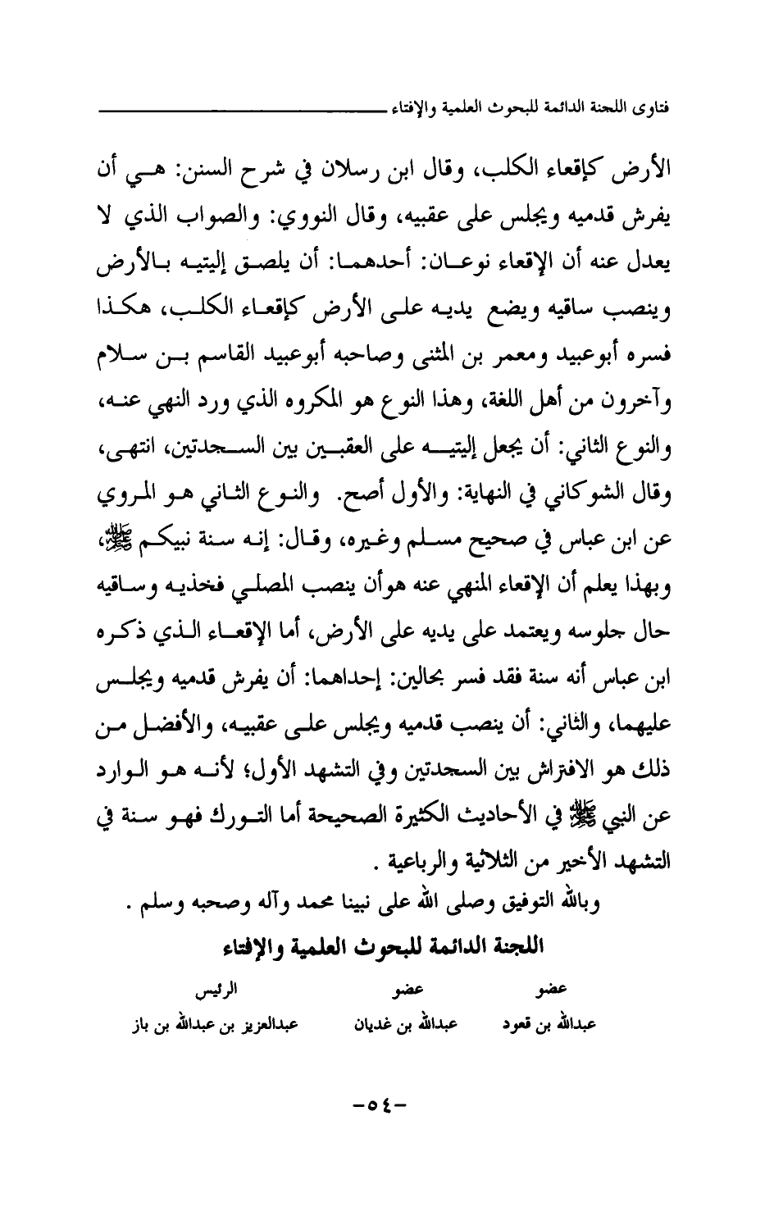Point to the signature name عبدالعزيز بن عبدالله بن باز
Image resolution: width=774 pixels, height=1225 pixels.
(x=213, y=1026)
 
